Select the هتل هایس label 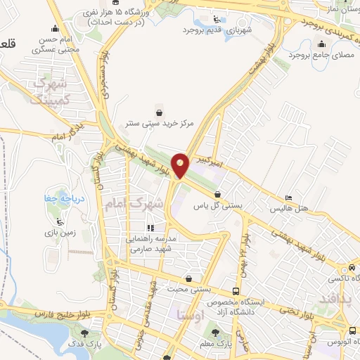(x=288, y=209)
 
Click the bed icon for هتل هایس (x=289, y=198)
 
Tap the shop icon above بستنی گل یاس (x=217, y=195)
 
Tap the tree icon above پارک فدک (x=86, y=333)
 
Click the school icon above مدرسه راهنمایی (x=150, y=228)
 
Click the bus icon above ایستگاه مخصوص (x=236, y=290)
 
